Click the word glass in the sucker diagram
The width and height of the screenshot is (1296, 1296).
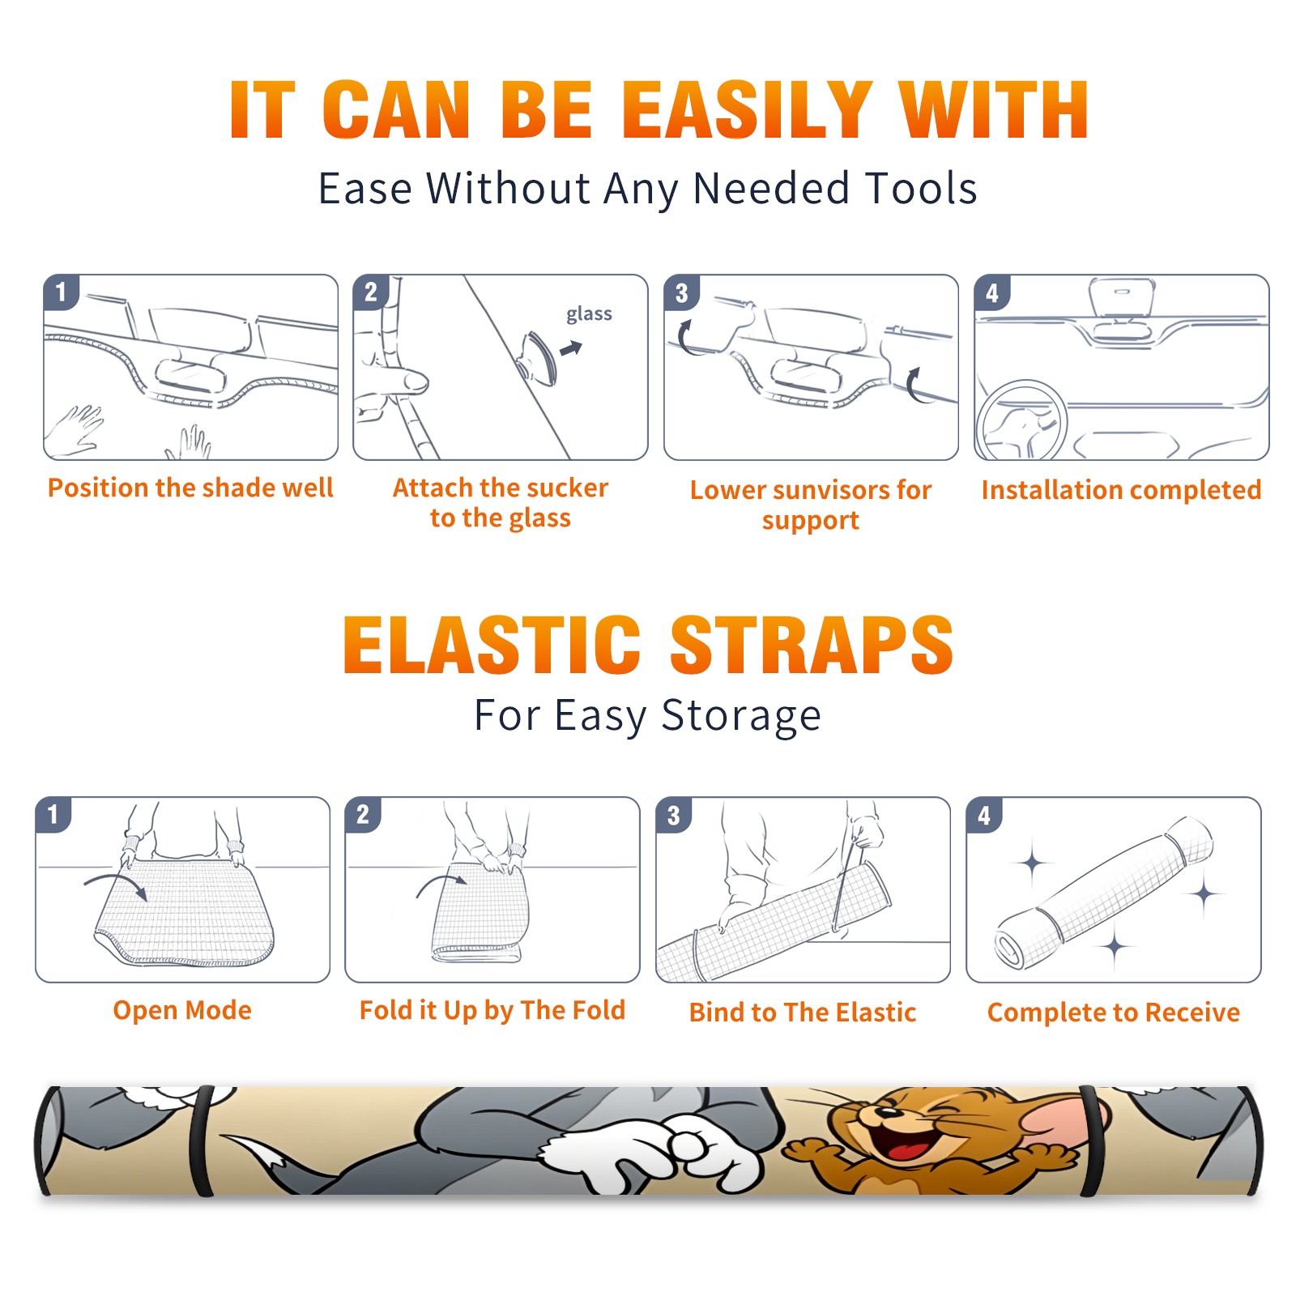[x=589, y=314]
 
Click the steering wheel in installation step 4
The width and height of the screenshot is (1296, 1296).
[x=1021, y=421]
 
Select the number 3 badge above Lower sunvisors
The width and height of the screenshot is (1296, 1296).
[x=681, y=292]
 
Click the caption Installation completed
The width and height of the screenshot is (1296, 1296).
[x=1121, y=489]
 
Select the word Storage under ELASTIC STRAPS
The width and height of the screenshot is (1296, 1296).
[x=741, y=716]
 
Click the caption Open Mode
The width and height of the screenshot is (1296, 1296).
[x=182, y=1010]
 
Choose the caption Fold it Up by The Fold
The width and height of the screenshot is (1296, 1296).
[x=492, y=1010]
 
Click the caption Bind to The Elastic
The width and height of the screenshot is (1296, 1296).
[x=803, y=1013]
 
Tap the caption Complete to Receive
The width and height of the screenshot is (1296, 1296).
[x=1114, y=1013]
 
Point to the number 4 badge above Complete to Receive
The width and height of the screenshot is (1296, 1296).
[x=984, y=815]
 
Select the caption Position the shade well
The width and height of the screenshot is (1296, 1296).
[x=190, y=488]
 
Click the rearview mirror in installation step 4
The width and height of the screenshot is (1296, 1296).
[x=1122, y=297]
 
